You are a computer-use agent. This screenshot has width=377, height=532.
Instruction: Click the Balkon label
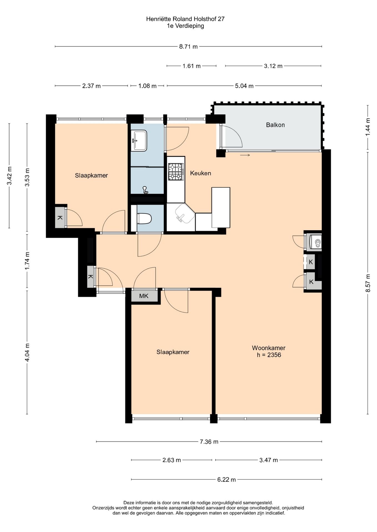click(x=275, y=125)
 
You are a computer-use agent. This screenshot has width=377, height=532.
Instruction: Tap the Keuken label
click(x=200, y=173)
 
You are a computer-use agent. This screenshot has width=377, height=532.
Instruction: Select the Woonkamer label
click(x=268, y=348)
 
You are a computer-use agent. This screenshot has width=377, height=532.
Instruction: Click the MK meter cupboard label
click(x=144, y=296)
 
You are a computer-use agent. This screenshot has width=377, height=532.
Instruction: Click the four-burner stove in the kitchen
click(x=176, y=172)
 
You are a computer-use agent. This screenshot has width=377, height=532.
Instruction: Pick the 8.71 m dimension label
click(x=188, y=47)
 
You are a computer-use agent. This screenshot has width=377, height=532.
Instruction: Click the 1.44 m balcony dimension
click(x=368, y=127)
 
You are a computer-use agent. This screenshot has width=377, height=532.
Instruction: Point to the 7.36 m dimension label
click(x=209, y=442)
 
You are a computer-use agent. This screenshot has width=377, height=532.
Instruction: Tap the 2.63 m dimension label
click(x=172, y=460)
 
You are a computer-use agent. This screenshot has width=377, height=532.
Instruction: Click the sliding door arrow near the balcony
click(x=245, y=155)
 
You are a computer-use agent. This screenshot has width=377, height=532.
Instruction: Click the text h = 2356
click(x=269, y=355)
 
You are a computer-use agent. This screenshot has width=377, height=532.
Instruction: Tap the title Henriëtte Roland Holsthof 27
click(x=185, y=19)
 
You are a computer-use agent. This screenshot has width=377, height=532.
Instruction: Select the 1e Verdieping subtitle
click(x=185, y=26)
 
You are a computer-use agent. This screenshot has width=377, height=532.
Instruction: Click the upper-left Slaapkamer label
click(x=91, y=175)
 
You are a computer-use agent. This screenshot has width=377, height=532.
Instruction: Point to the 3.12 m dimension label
click(x=273, y=66)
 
